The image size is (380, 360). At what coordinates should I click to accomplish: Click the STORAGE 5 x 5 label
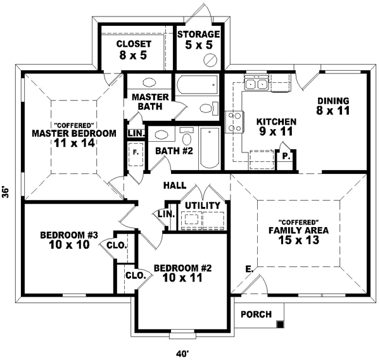click(198, 40)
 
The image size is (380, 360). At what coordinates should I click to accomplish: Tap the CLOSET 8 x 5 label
click(134, 49)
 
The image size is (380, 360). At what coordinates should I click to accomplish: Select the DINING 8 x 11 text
click(332, 106)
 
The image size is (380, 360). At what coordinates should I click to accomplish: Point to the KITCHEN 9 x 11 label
click(276, 127)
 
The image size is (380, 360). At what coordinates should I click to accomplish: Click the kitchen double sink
click(257, 84)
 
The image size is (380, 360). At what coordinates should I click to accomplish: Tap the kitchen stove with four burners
click(235, 120)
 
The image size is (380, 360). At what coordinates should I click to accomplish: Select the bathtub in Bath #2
click(208, 148)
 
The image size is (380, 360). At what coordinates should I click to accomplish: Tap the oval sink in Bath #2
click(162, 135)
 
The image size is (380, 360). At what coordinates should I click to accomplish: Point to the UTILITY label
click(203, 206)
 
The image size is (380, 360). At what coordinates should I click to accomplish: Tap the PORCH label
click(256, 314)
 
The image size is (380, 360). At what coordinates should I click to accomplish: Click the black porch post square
click(279, 325)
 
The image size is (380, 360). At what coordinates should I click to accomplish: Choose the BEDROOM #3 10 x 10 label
click(69, 240)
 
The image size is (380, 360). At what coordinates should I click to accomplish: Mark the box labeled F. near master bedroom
click(136, 152)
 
